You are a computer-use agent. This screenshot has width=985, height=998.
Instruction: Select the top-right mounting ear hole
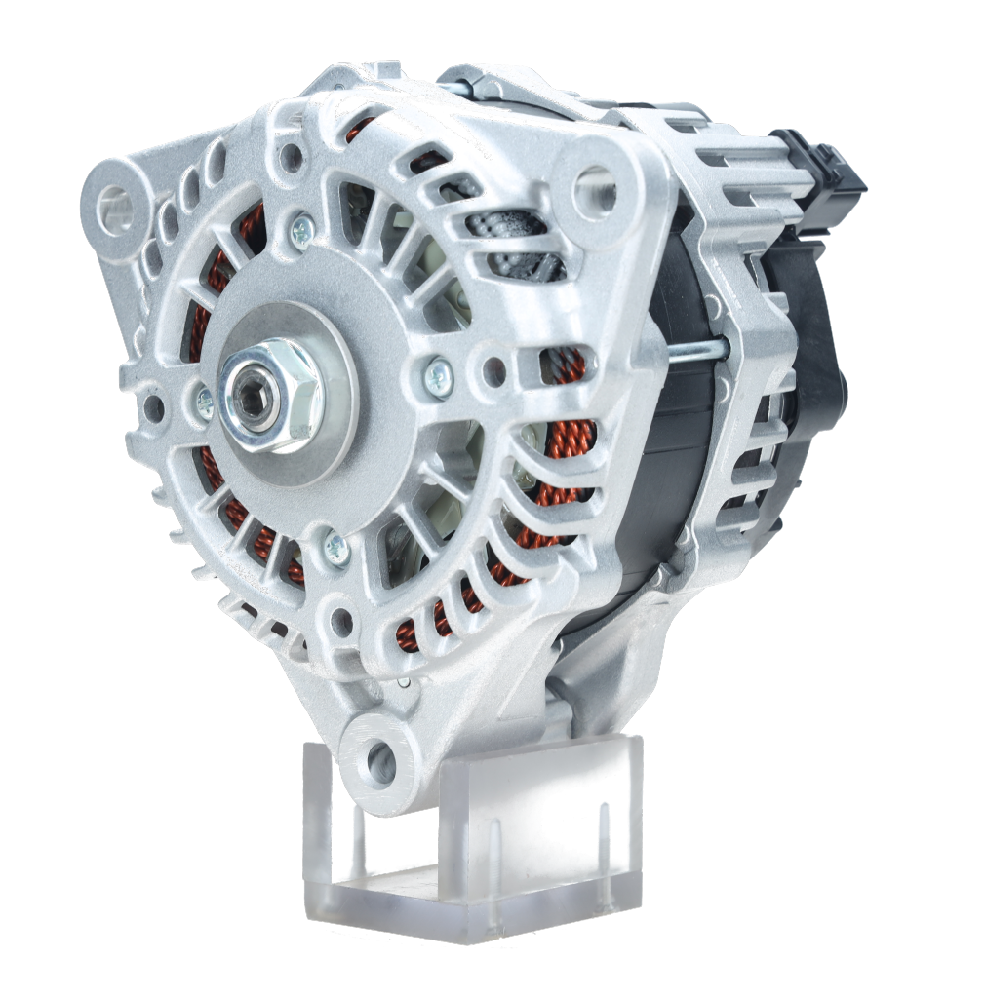click(x=596, y=188)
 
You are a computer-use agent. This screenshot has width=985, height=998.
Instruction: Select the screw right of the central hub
click(x=438, y=374)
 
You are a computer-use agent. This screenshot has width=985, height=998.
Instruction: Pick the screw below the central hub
click(x=337, y=549)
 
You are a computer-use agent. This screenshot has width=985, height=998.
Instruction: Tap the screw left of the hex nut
click(x=205, y=400)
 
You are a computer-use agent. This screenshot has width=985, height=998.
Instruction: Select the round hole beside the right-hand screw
click(x=494, y=371)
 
